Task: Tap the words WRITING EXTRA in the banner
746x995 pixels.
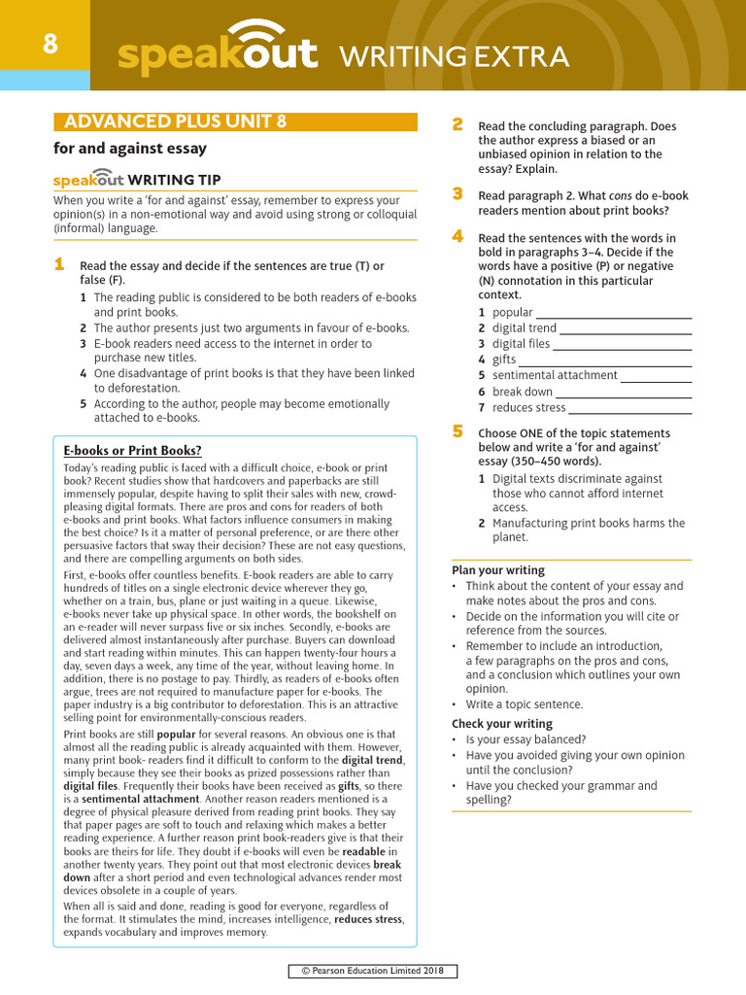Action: [x=453, y=57]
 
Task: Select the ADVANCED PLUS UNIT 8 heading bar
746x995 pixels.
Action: [x=235, y=121]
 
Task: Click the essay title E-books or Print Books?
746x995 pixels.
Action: [x=132, y=451]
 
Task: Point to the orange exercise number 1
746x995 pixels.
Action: [x=59, y=264]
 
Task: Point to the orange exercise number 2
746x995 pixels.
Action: [x=458, y=124]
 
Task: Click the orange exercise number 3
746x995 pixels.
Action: [x=458, y=194]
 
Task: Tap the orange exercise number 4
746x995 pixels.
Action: [x=458, y=237]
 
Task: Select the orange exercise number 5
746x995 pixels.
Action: [x=458, y=431]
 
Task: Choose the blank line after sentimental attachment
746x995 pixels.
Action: [x=657, y=380]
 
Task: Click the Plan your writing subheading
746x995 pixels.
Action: [x=498, y=570]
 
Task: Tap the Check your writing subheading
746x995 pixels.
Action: [x=502, y=724]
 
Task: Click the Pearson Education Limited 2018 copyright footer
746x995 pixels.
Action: [x=373, y=971]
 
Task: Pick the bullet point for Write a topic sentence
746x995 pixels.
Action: [x=455, y=704]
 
